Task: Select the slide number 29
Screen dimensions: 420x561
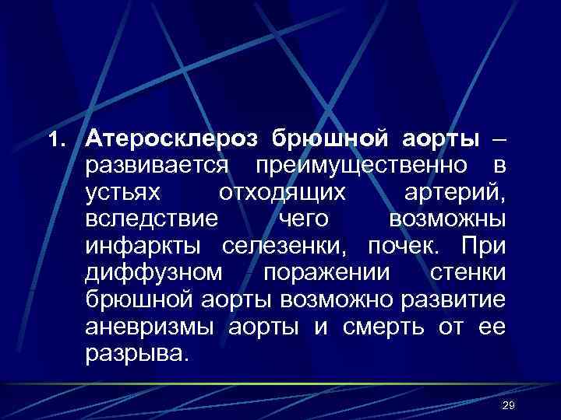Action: point(510,407)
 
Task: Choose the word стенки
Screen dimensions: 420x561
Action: point(467,273)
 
